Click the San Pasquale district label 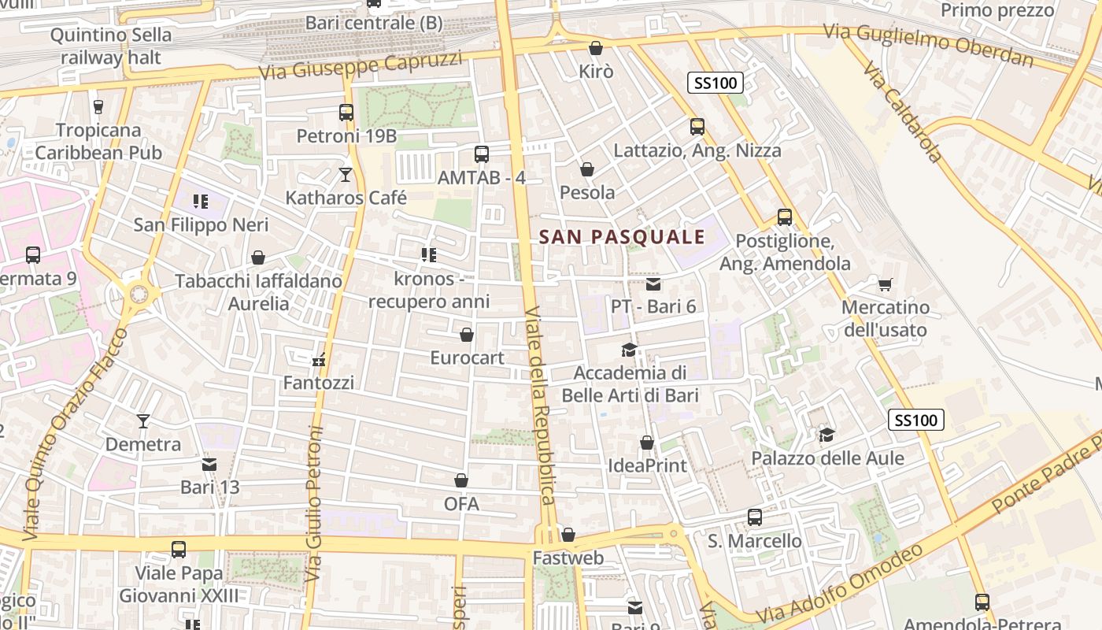622,236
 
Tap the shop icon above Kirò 596,48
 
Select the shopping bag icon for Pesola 586,169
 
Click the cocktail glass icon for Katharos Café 345,174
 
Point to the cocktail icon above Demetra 142,421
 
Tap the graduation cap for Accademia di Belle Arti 628,350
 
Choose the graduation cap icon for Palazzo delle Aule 826,435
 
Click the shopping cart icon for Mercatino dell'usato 885,283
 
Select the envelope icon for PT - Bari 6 653,283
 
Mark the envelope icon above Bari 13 209,465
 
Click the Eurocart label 467,358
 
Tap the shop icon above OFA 461,480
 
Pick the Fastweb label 568,558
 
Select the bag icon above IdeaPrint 647,443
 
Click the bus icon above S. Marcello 754,517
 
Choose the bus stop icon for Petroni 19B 346,113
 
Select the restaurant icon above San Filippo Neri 201,202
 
